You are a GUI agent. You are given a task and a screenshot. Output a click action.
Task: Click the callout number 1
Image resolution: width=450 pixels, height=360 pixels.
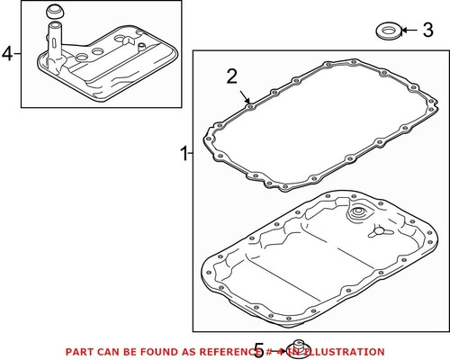coord(184,154)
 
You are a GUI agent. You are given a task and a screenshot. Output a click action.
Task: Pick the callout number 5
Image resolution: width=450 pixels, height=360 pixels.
coord(260,349)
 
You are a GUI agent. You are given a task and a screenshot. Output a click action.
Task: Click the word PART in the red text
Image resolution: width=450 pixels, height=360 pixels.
coord(78,351)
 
